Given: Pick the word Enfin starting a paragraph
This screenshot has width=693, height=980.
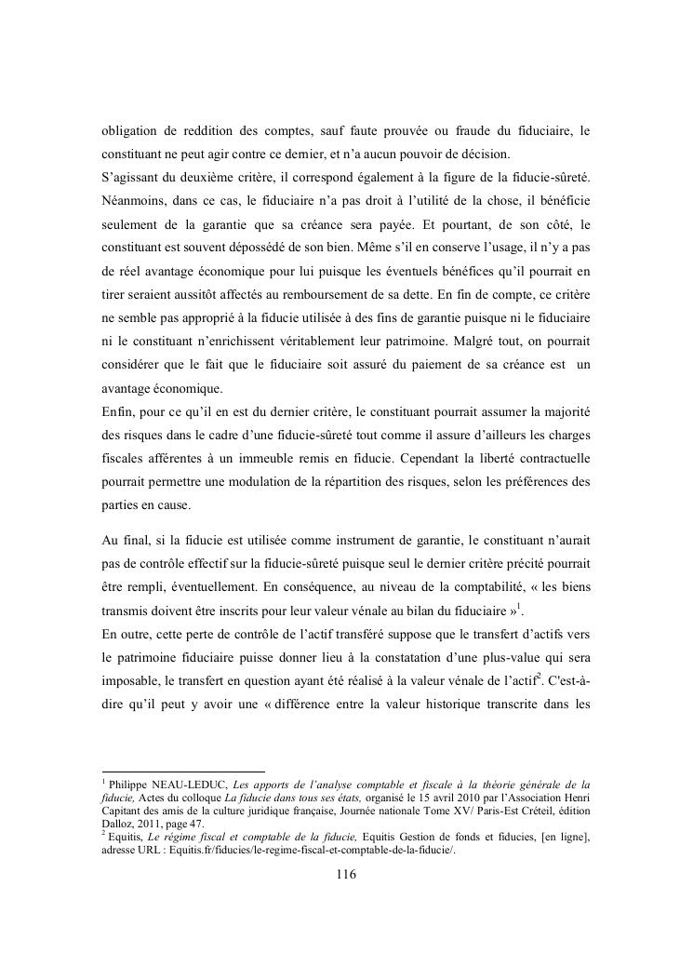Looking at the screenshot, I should pyautogui.click(x=118, y=410).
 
